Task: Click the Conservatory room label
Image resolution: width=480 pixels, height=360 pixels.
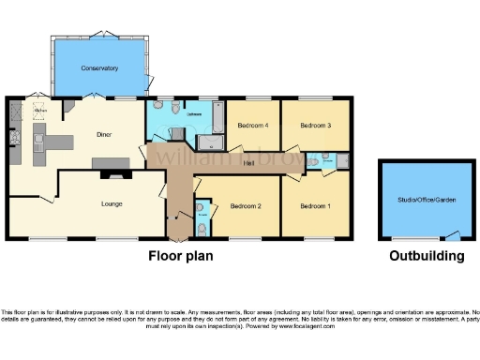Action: (99, 68)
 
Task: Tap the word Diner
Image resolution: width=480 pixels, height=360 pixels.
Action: (104, 134)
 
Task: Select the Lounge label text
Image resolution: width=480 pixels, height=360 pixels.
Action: (112, 203)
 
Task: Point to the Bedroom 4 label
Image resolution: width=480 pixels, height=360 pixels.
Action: (252, 125)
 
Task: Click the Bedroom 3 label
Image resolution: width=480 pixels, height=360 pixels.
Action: (315, 125)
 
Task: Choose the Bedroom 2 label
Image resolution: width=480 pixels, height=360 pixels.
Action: (246, 205)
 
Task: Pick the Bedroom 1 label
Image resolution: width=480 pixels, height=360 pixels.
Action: (315, 205)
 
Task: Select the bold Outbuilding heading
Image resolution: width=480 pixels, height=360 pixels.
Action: (427, 255)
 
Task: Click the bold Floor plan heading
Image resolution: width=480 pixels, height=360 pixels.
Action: (181, 255)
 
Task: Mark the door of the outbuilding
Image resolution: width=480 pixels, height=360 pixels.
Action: (453, 234)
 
